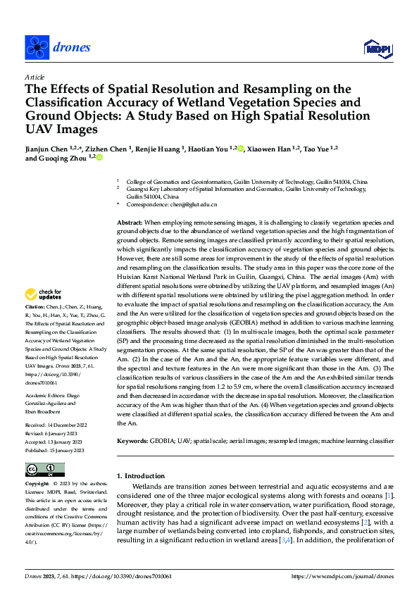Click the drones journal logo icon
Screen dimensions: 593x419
coord(37,47)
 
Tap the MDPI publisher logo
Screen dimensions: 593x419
coord(378,48)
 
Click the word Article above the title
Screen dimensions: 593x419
coord(35,77)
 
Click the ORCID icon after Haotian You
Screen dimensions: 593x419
coord(240,149)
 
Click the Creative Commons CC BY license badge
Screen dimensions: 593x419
coord(44,469)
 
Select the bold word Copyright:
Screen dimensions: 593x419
coord(37,485)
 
